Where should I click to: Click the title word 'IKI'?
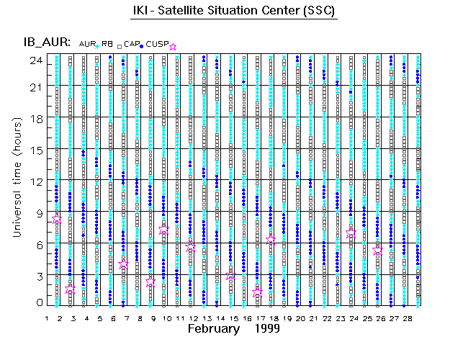click(x=141, y=12)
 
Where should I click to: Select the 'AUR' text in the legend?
click(x=86, y=45)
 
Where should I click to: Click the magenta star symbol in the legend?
click(x=172, y=47)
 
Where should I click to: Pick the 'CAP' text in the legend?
click(x=131, y=45)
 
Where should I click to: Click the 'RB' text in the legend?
click(x=107, y=45)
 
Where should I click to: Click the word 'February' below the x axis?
click(x=213, y=328)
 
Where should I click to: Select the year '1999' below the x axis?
click(x=267, y=328)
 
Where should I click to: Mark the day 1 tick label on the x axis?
click(x=47, y=318)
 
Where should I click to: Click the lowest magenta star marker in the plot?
click(x=258, y=293)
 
